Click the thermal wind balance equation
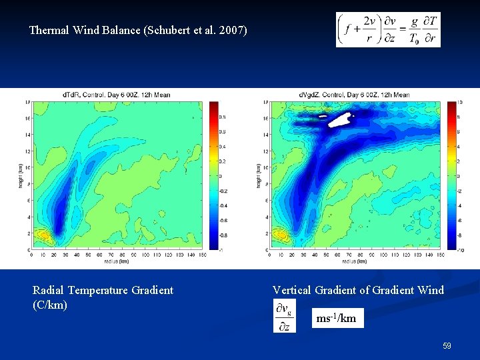pyautogui.click(x=388, y=30)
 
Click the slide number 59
pyautogui.click(x=447, y=346)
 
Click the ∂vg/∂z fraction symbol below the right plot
pyautogui.click(x=284, y=316)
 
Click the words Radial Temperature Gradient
pyautogui.click(x=103, y=290)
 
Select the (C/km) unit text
pyautogui.click(x=50, y=305)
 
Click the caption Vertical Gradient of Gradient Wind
pyautogui.click(x=358, y=290)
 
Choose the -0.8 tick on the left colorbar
pyautogui.click(x=222, y=235)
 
